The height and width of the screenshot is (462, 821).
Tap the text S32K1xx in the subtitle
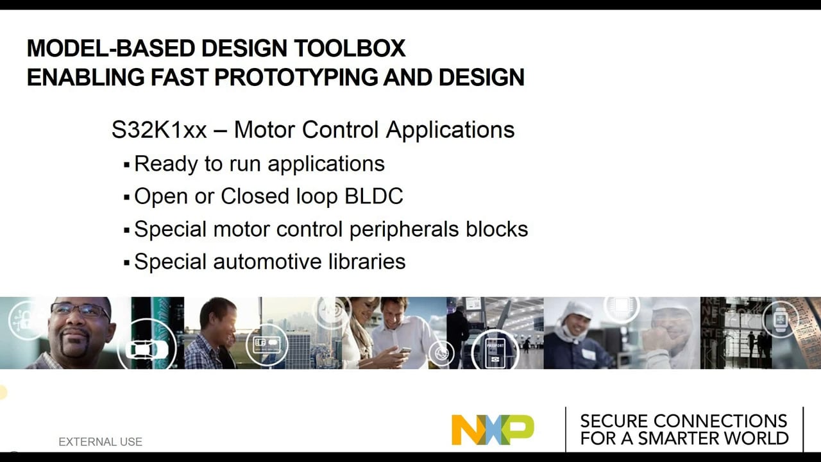coord(159,130)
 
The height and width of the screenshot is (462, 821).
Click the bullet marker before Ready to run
coord(127,165)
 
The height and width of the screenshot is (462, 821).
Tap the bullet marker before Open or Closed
coord(127,197)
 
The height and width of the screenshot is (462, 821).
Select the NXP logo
coord(493,429)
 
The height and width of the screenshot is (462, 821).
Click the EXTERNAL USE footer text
coord(100,441)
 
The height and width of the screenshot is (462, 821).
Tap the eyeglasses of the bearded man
coord(80,311)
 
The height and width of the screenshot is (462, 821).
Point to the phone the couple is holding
coord(405,350)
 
